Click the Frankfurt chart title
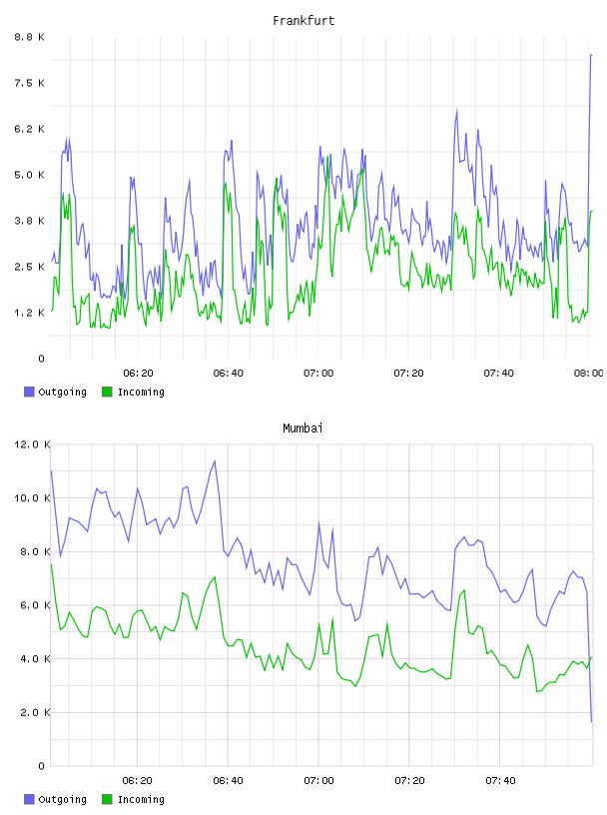tap(303, 21)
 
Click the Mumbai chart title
tap(303, 428)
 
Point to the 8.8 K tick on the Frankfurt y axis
tap(30, 37)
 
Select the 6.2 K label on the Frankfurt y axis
tap(30, 129)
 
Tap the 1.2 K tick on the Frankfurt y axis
tap(30, 313)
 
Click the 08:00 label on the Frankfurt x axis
tap(588, 373)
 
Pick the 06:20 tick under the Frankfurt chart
tap(138, 373)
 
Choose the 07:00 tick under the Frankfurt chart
tap(318, 373)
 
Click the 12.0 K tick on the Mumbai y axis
tap(32, 444)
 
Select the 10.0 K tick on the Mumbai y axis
tap(32, 498)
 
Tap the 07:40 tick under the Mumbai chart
tap(500, 780)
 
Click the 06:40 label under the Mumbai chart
tap(229, 780)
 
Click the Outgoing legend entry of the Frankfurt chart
tap(55, 392)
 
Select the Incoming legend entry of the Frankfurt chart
tap(133, 392)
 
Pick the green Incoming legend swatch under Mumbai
tap(107, 799)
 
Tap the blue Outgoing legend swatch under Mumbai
tap(29, 799)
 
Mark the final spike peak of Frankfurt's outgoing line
tap(591, 55)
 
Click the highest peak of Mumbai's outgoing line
tap(215, 461)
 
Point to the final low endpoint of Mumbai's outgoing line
tap(591, 721)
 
